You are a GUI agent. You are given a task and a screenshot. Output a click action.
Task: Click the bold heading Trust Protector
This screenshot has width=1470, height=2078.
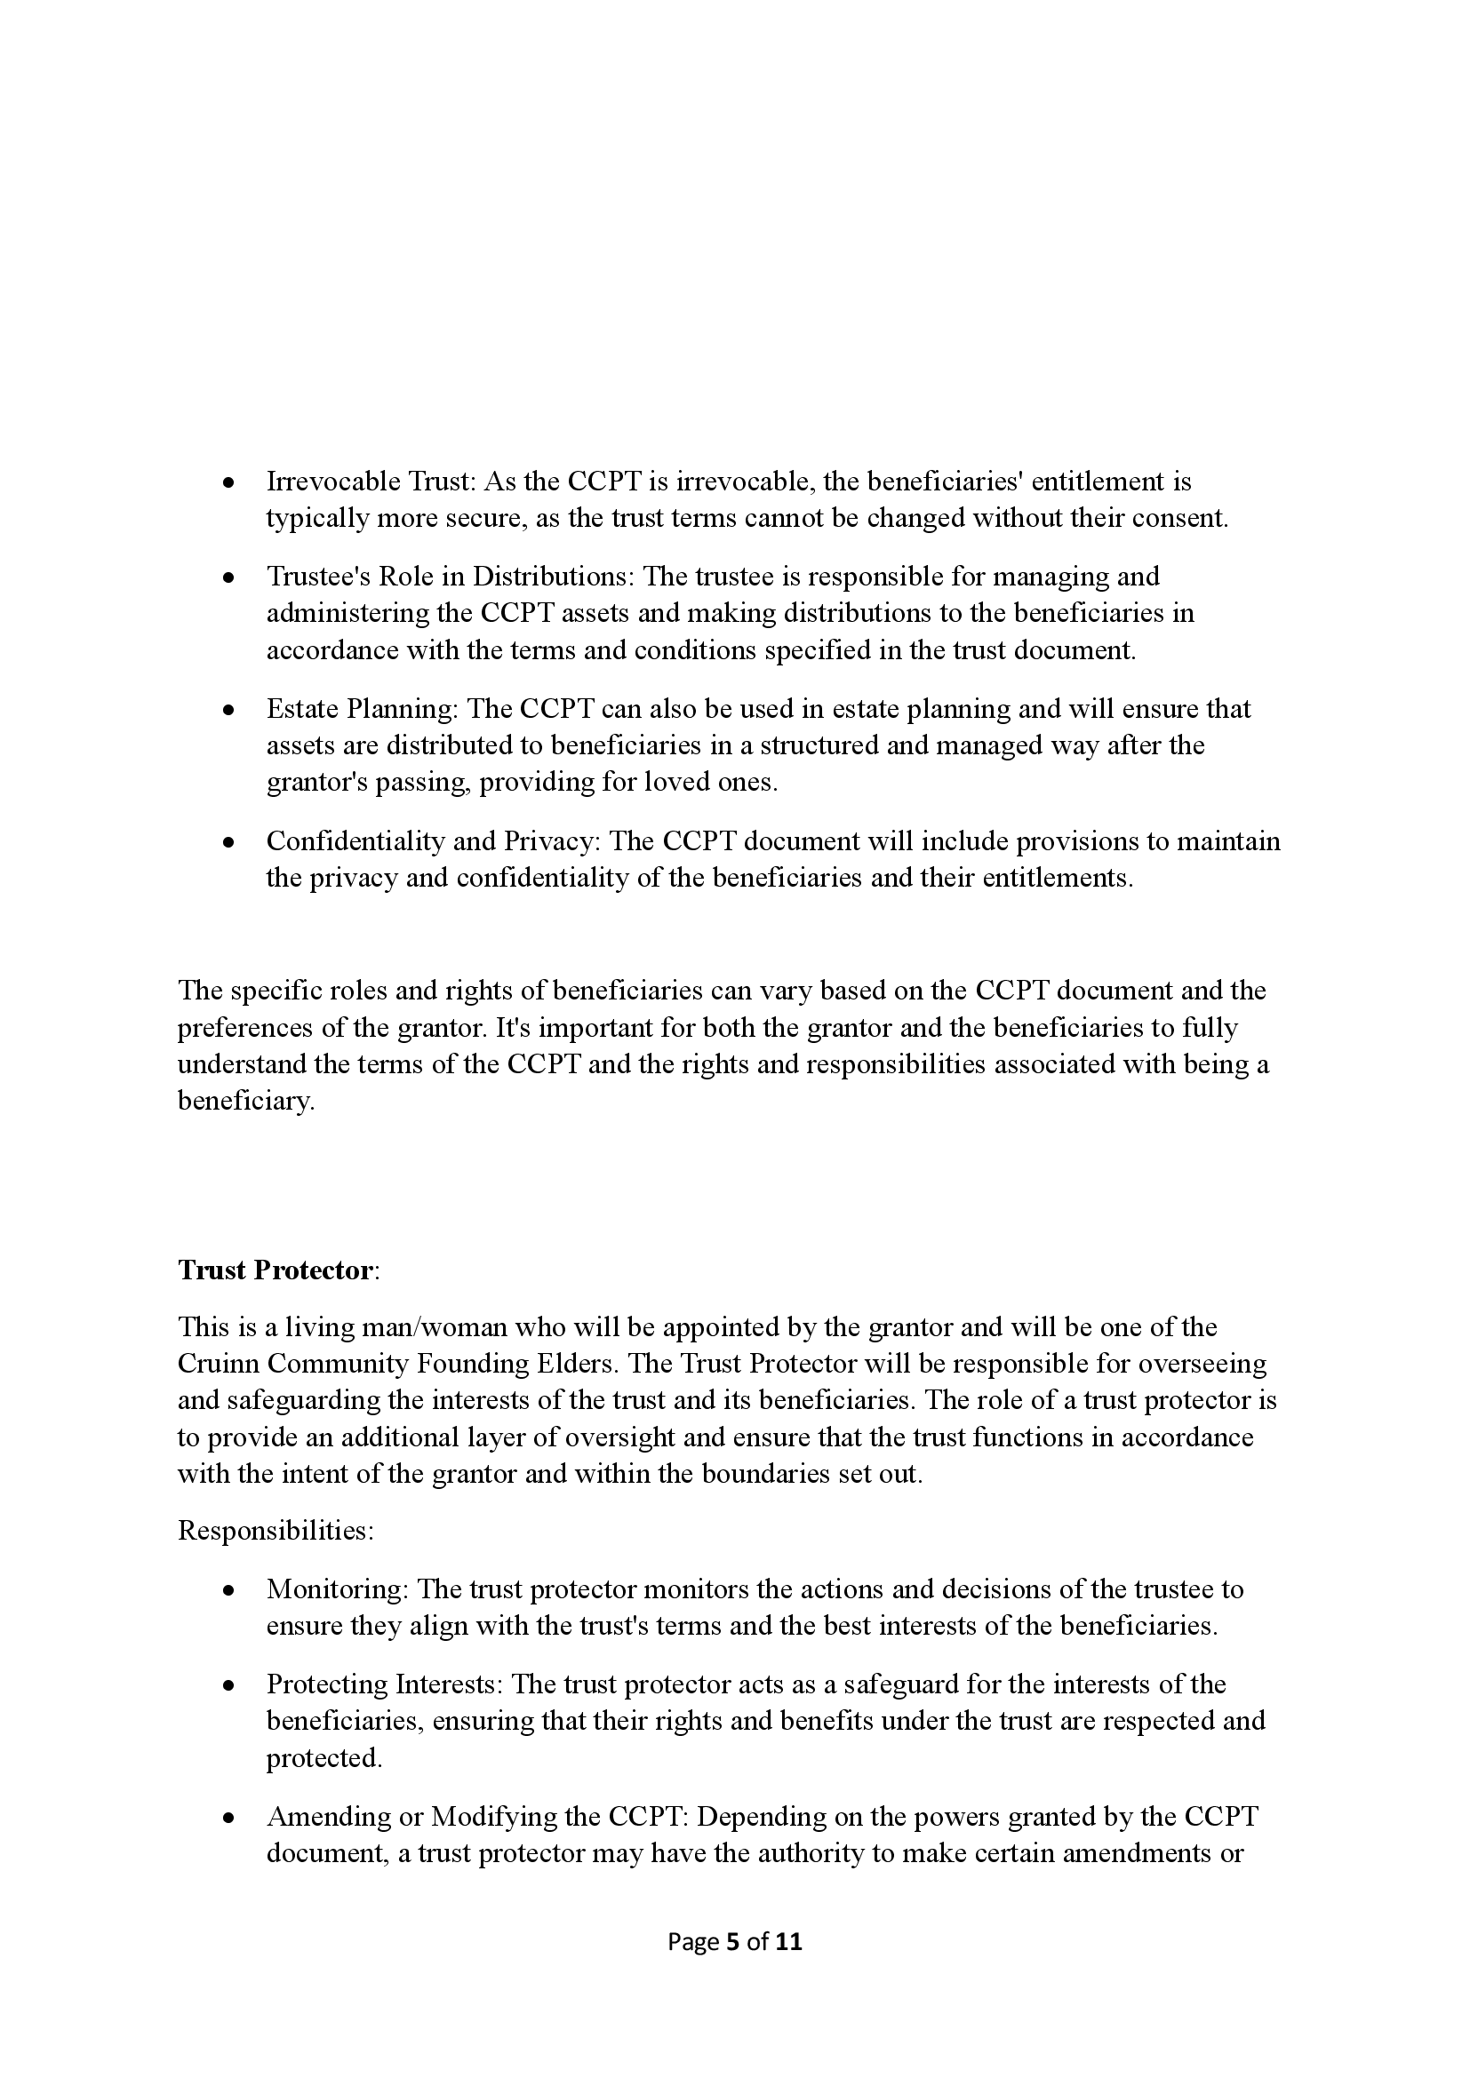point(275,1270)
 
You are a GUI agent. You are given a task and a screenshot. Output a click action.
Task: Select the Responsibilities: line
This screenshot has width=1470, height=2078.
point(276,1531)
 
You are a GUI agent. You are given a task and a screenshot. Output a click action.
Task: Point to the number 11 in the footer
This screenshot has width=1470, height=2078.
point(789,1941)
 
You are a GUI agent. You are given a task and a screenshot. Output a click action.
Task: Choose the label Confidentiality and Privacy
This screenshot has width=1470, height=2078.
point(433,840)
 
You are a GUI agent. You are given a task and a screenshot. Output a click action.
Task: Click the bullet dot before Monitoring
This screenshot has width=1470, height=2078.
point(230,1590)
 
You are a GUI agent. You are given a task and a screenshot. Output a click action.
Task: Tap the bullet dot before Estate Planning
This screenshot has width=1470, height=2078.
point(230,711)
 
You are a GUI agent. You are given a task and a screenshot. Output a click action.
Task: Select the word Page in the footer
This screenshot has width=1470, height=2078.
point(692,1941)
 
